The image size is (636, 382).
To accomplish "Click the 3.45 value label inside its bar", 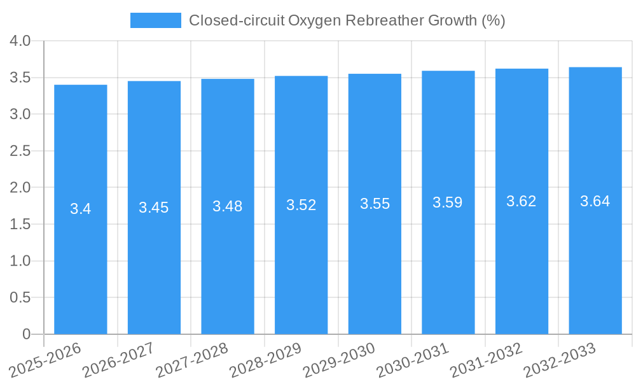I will coord(154,208).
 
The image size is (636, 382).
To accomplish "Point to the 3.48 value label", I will coord(228,206).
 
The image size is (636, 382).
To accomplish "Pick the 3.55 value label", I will coord(375,204).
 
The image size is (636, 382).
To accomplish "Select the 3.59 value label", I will coord(448,202).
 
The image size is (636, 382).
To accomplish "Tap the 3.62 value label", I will coord(522,201).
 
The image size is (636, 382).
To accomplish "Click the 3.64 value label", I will coord(595,201).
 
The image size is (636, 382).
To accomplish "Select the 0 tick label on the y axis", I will coord(26,334).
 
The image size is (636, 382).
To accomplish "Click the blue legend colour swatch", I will coord(156,20).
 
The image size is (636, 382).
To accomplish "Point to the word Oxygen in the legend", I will coord(315,20).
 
